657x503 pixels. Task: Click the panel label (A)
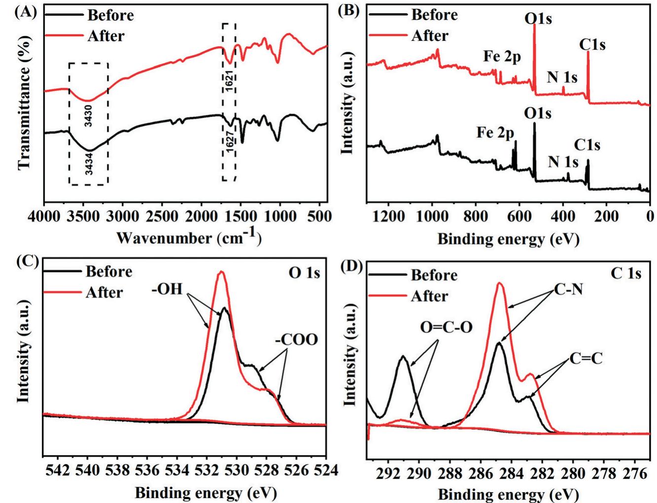(x=25, y=12)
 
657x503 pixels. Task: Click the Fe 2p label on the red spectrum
(x=502, y=57)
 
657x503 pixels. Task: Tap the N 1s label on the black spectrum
(x=563, y=161)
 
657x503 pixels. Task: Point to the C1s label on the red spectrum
(x=592, y=45)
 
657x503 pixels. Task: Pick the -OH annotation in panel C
(x=167, y=289)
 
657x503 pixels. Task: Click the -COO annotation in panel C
(x=296, y=339)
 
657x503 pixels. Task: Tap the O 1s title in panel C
(x=304, y=272)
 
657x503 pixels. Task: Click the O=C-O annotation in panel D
(x=446, y=327)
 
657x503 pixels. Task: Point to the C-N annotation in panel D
(x=568, y=289)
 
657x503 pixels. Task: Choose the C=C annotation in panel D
(x=586, y=358)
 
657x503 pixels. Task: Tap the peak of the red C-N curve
(x=500, y=283)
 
